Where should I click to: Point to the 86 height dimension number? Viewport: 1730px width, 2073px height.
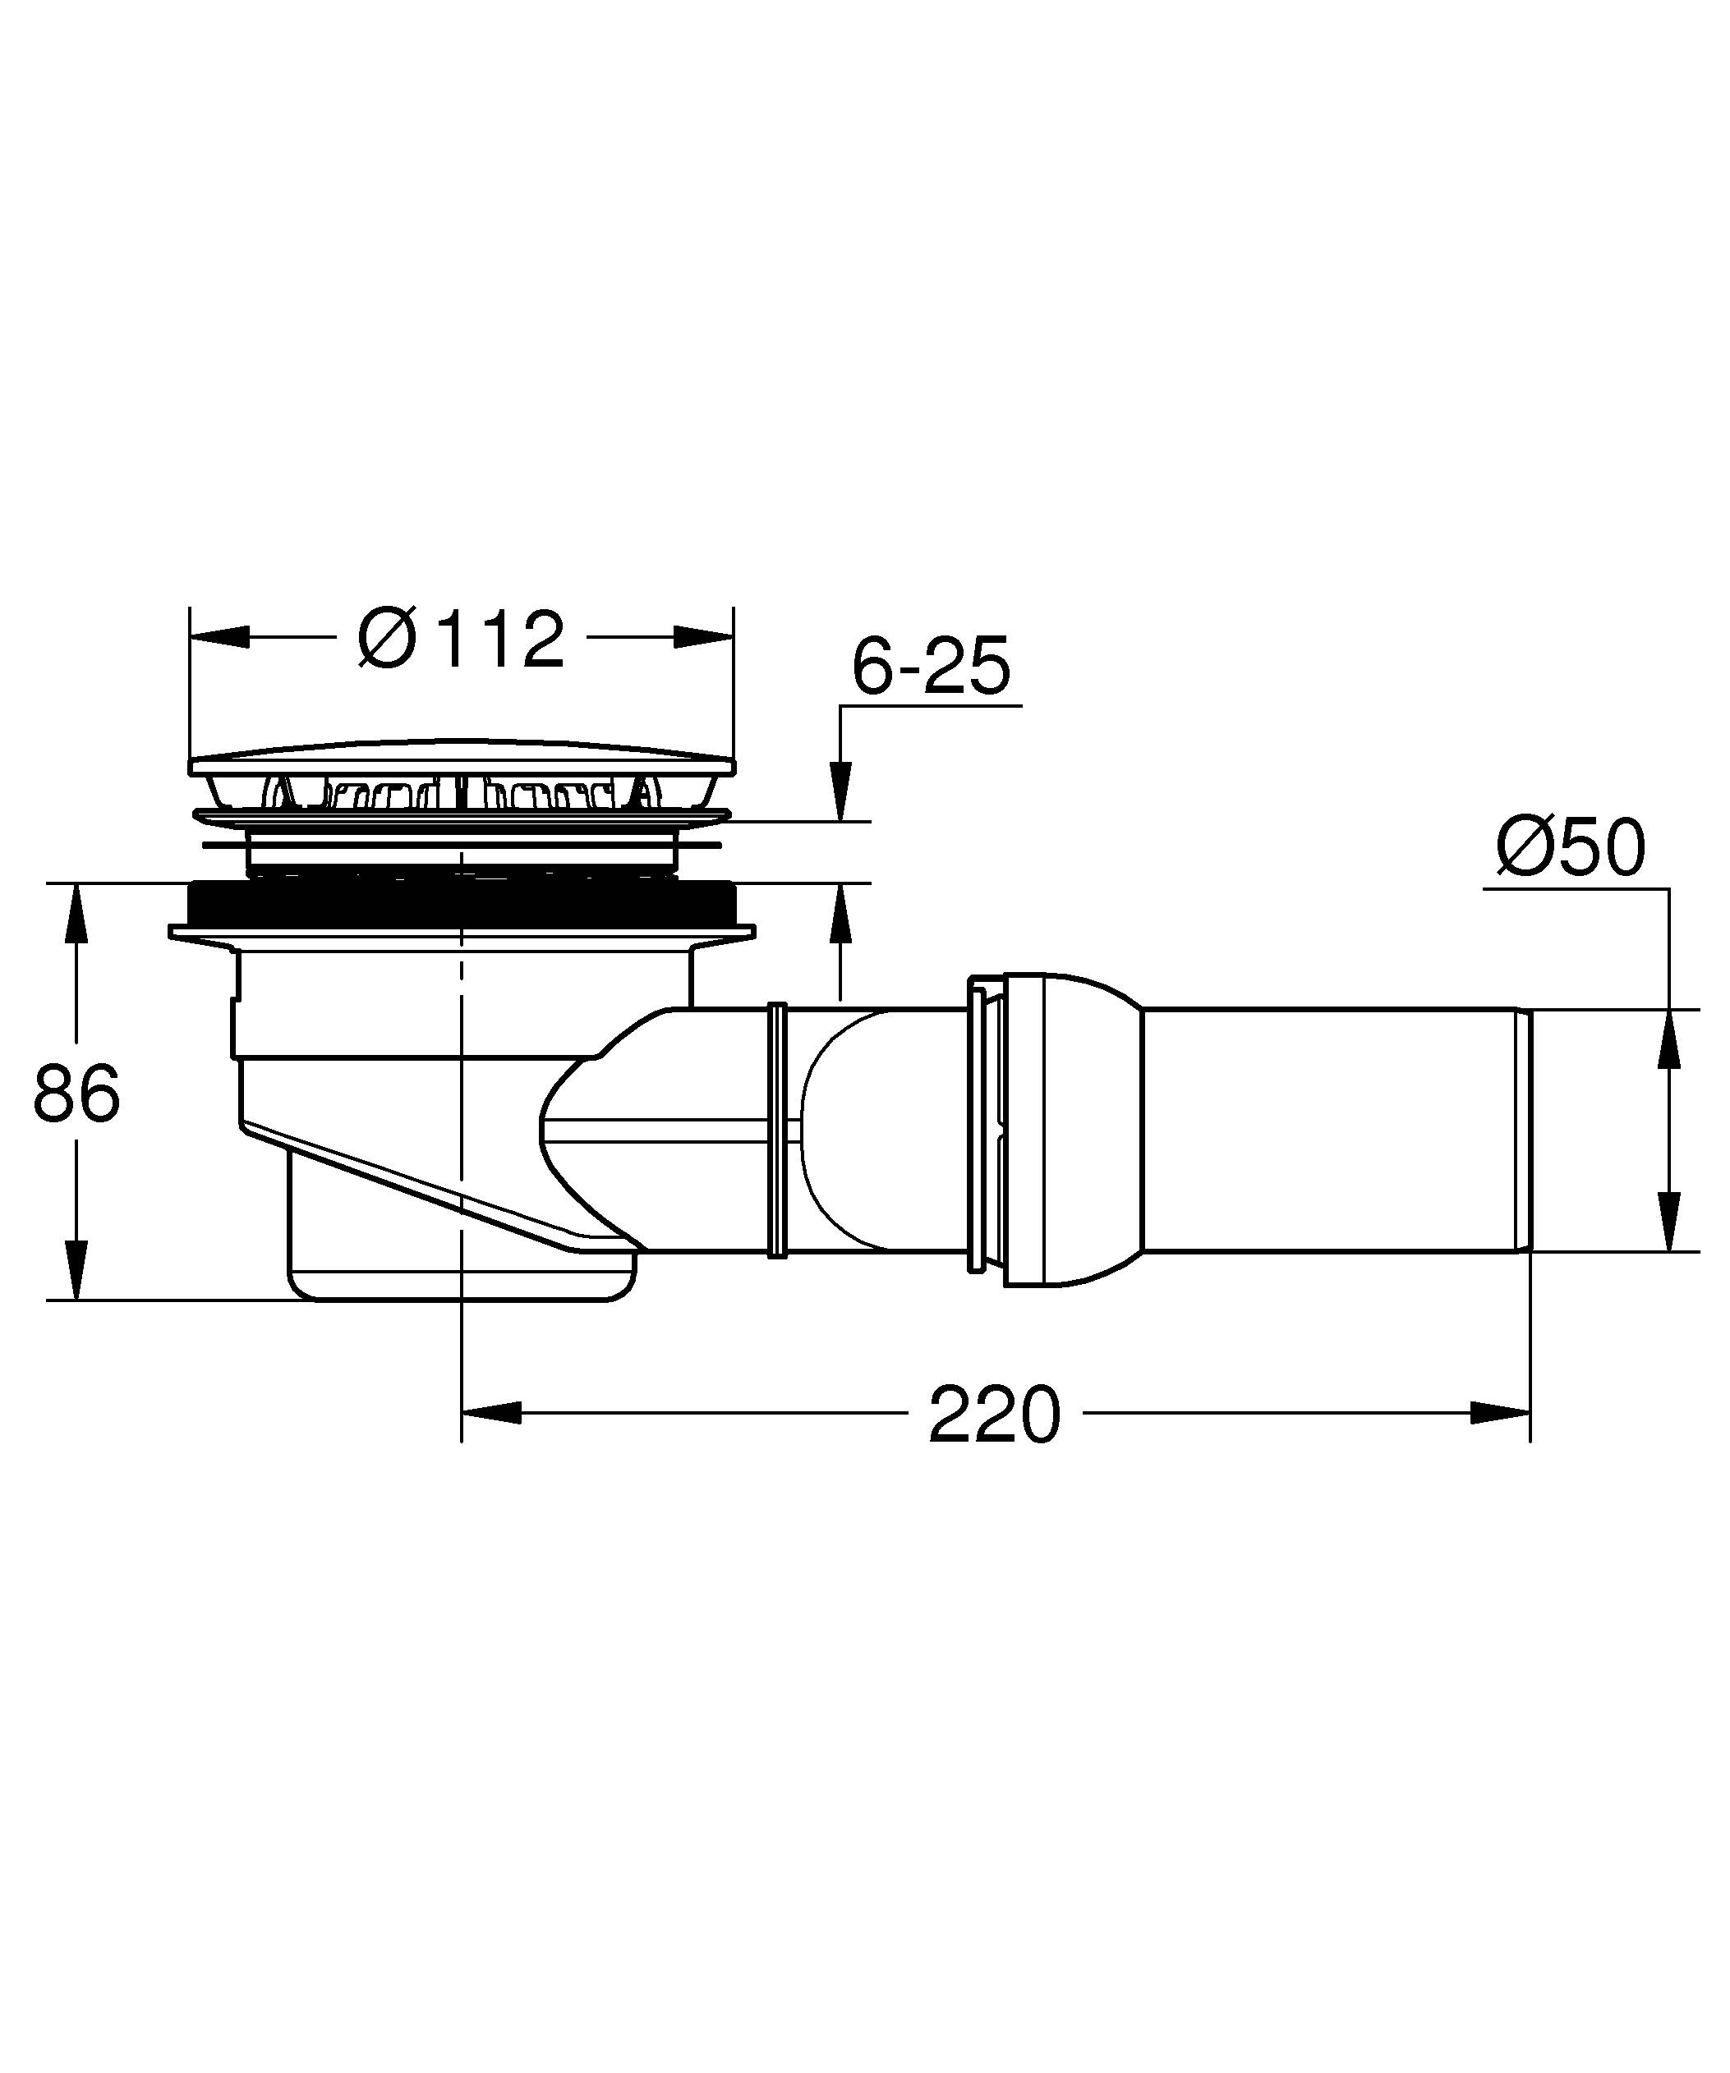pyautogui.click(x=76, y=1094)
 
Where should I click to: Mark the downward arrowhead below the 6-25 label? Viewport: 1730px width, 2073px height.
pyautogui.click(x=840, y=790)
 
